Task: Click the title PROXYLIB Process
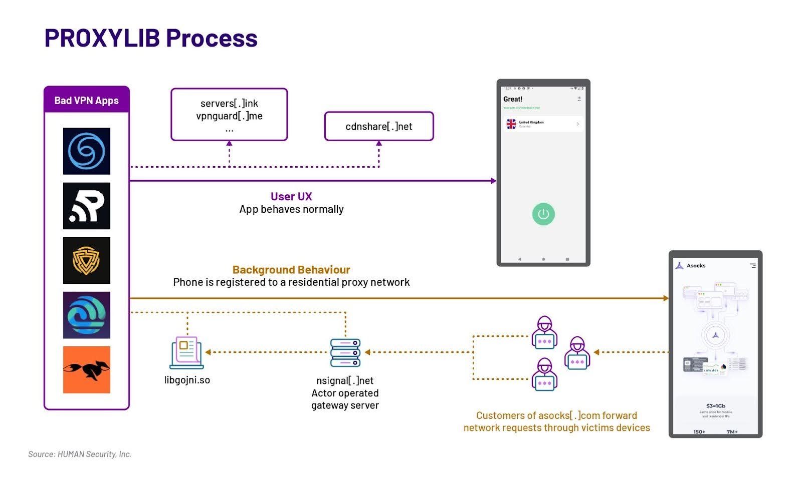click(x=151, y=38)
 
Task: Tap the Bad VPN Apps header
click(x=86, y=100)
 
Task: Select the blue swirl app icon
click(x=86, y=151)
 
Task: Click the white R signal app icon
click(x=86, y=206)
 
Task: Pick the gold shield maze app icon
click(x=86, y=260)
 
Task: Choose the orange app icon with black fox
click(x=86, y=369)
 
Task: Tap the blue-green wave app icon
click(x=86, y=315)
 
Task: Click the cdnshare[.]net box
click(x=378, y=126)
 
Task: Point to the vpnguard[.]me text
click(x=229, y=116)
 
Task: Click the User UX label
click(x=291, y=196)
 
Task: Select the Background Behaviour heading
click(x=291, y=270)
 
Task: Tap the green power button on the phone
click(x=543, y=214)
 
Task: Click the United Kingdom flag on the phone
click(x=511, y=124)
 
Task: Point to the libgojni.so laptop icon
click(x=186, y=352)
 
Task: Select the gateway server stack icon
click(x=345, y=352)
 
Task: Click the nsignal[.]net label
click(x=345, y=380)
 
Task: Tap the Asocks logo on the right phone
click(x=680, y=266)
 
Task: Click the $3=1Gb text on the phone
click(x=715, y=406)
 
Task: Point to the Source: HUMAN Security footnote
click(x=80, y=454)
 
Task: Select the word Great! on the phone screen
click(x=513, y=99)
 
